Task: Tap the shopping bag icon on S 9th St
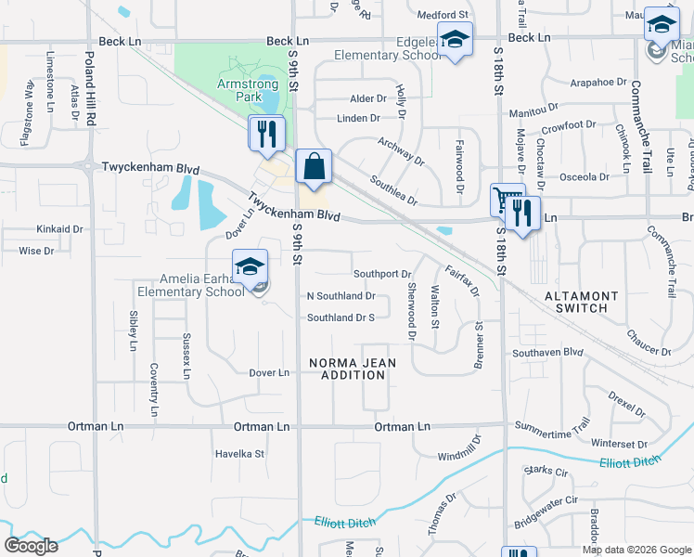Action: point(315,166)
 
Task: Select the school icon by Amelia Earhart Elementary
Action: point(251,267)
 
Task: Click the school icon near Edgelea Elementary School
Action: point(456,40)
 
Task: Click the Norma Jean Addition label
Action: point(346,369)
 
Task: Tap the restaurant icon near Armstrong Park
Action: point(264,134)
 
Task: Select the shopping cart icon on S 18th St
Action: point(507,201)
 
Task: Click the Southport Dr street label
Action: point(382,275)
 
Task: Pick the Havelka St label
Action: point(240,454)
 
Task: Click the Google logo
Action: point(31,545)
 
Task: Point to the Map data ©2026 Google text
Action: point(636,550)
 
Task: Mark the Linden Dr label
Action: point(358,119)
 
